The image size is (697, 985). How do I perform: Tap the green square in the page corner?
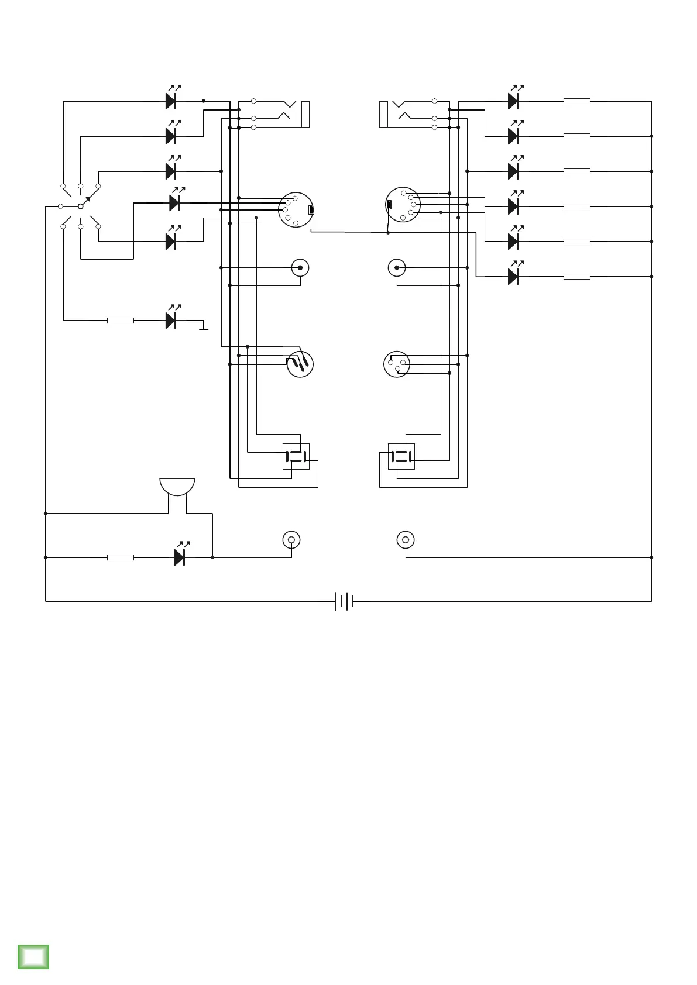(x=33, y=957)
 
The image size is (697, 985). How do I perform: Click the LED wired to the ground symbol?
(x=171, y=320)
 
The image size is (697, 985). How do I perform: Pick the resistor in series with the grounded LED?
(x=120, y=321)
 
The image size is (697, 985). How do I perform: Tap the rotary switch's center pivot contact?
(x=81, y=206)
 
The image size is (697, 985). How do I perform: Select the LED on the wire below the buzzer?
(x=180, y=557)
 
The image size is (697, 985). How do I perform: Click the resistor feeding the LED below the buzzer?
(x=120, y=557)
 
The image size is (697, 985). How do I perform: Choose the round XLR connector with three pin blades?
(x=300, y=364)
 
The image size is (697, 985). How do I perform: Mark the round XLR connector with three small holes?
(x=397, y=364)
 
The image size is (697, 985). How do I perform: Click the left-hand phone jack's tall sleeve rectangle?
(x=305, y=114)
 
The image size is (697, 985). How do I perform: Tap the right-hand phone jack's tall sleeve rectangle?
(x=383, y=114)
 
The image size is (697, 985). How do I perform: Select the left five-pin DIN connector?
(x=296, y=210)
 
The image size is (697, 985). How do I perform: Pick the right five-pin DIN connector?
(x=403, y=205)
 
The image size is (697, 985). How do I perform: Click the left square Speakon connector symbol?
(x=296, y=456)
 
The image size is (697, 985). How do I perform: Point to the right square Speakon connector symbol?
(x=401, y=456)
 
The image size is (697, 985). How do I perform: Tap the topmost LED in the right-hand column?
(x=513, y=101)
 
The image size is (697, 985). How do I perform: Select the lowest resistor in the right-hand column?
(x=576, y=277)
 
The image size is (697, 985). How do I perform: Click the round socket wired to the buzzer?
(x=291, y=539)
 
